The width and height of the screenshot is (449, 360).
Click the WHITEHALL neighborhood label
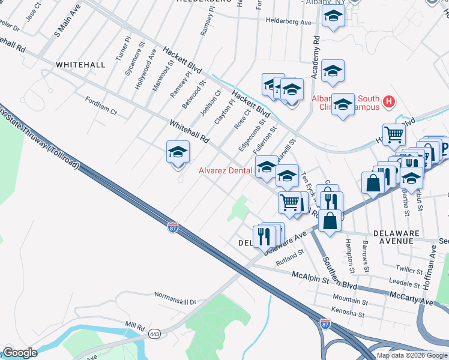click(80, 64)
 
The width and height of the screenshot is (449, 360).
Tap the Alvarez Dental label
click(225, 170)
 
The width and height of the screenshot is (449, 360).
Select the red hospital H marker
click(389, 101)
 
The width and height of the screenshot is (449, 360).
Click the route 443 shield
click(155, 333)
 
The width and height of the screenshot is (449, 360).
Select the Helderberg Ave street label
click(289, 22)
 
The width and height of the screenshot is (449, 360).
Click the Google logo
click(19, 353)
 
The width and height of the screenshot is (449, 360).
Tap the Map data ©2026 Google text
click(412, 355)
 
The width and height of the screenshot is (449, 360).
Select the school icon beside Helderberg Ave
click(333, 18)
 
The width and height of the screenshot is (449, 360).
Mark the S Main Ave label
click(67, 20)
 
